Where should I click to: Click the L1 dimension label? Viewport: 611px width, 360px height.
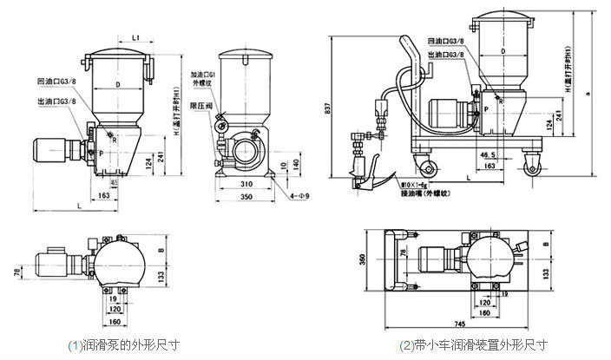138,37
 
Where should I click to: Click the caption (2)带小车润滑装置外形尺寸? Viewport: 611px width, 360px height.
473,344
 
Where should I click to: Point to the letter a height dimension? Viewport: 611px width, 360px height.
588,93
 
